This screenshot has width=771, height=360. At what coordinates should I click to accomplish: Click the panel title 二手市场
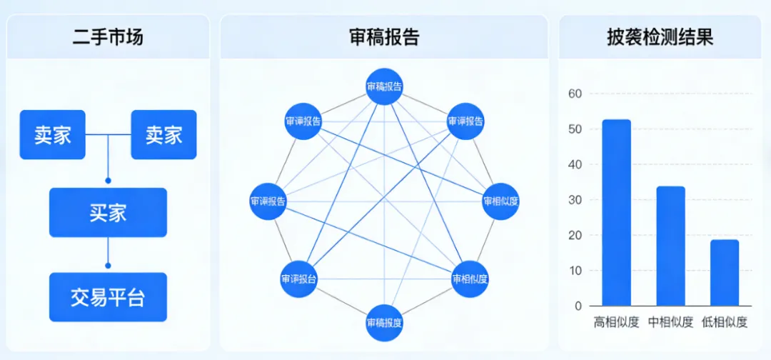point(108,37)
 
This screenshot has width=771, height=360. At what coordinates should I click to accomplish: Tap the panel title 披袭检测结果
point(660,37)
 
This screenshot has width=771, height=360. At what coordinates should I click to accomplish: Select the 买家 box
point(108,212)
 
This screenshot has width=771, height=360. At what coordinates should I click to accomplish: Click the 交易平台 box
point(108,297)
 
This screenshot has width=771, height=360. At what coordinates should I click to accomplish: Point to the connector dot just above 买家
point(108,181)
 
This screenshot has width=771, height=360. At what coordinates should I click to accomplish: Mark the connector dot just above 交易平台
point(108,266)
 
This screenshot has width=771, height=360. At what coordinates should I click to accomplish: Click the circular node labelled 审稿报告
point(384,87)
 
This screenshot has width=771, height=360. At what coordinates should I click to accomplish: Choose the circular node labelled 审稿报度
point(384,322)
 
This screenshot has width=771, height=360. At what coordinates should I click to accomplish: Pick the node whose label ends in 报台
point(298,279)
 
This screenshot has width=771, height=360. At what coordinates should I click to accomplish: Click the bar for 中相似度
point(670,246)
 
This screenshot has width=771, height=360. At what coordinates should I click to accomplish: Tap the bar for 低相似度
point(725,273)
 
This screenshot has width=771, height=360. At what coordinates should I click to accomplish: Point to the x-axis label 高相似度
point(616,322)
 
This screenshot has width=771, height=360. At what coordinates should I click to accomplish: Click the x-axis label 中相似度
point(670,322)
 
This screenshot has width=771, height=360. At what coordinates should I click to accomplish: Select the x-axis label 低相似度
point(725,322)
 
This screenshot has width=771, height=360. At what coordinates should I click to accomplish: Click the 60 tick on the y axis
point(575,94)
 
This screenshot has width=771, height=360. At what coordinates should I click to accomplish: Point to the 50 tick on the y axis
point(575,129)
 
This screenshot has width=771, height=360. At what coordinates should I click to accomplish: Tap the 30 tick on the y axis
point(575,200)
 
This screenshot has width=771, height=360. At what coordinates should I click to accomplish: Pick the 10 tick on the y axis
point(575,271)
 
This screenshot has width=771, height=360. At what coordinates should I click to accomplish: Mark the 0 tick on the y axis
point(578,306)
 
